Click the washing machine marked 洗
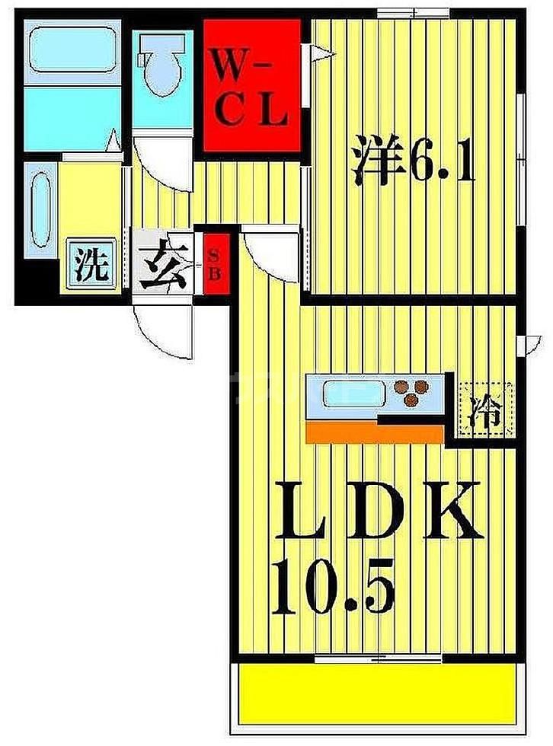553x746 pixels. (x=91, y=265)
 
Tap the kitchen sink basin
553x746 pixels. (x=352, y=394)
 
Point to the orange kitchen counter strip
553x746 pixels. (x=374, y=433)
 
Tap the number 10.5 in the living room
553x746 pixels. (x=333, y=589)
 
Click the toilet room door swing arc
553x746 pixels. (x=162, y=162)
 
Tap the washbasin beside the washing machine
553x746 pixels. (x=40, y=206)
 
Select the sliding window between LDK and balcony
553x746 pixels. (x=378, y=656)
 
